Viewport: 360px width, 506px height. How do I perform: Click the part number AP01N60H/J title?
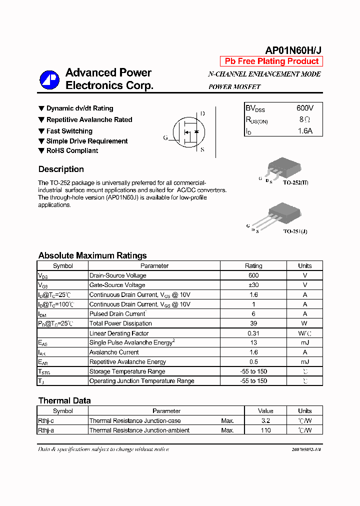coord(293,50)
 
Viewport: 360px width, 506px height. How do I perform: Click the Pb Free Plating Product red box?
coord(271,61)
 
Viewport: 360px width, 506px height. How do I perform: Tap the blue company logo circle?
coord(49,80)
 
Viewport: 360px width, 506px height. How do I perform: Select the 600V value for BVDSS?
coord(305,108)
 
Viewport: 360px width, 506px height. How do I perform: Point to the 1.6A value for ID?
coord(305,131)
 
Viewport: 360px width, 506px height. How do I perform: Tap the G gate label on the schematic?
coord(165,138)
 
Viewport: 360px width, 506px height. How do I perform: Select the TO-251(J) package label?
coord(295,231)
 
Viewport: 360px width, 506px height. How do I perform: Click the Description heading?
coord(61,169)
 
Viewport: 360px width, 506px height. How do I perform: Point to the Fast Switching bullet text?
coord(69,131)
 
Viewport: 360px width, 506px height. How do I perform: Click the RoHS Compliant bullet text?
coord(72,150)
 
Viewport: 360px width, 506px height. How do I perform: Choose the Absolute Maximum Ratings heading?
coord(92,255)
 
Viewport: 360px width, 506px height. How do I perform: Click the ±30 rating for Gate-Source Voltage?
coord(253,285)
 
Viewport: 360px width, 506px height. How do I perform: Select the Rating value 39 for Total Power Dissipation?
coord(253,323)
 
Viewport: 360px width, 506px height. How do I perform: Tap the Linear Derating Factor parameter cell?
coord(119,333)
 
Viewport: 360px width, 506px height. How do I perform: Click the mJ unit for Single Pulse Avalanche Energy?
coord(304,342)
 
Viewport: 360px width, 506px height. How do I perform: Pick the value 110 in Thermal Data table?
coord(265,430)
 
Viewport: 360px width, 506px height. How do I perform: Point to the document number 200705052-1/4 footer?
coord(306,449)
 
